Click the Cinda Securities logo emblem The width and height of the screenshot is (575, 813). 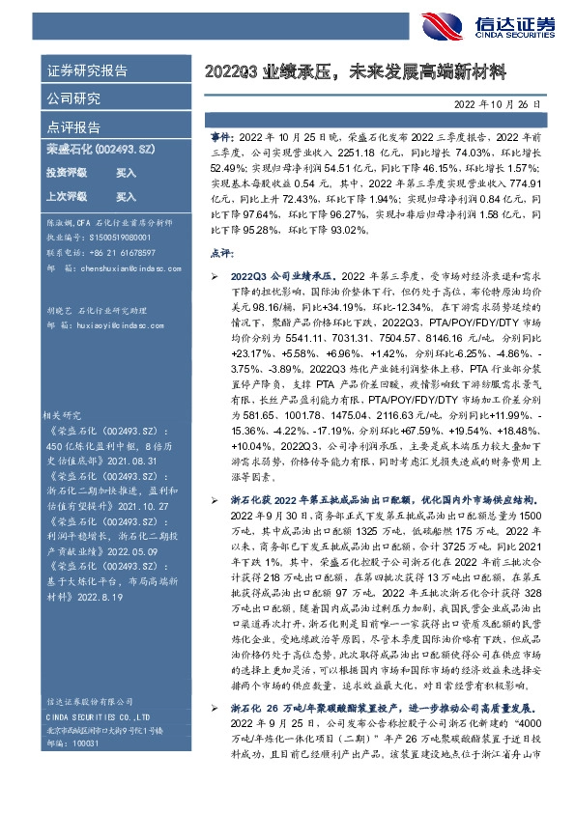(443, 27)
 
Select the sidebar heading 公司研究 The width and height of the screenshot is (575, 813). (73, 98)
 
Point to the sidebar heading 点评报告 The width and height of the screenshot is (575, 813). (73, 126)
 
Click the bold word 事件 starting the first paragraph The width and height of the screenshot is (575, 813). (220, 138)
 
